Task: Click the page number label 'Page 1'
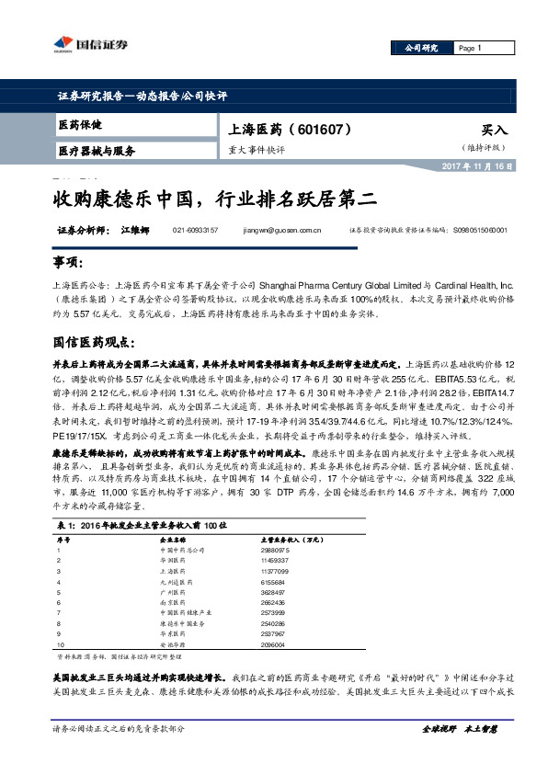coord(469,48)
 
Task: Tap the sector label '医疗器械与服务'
coord(97,151)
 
